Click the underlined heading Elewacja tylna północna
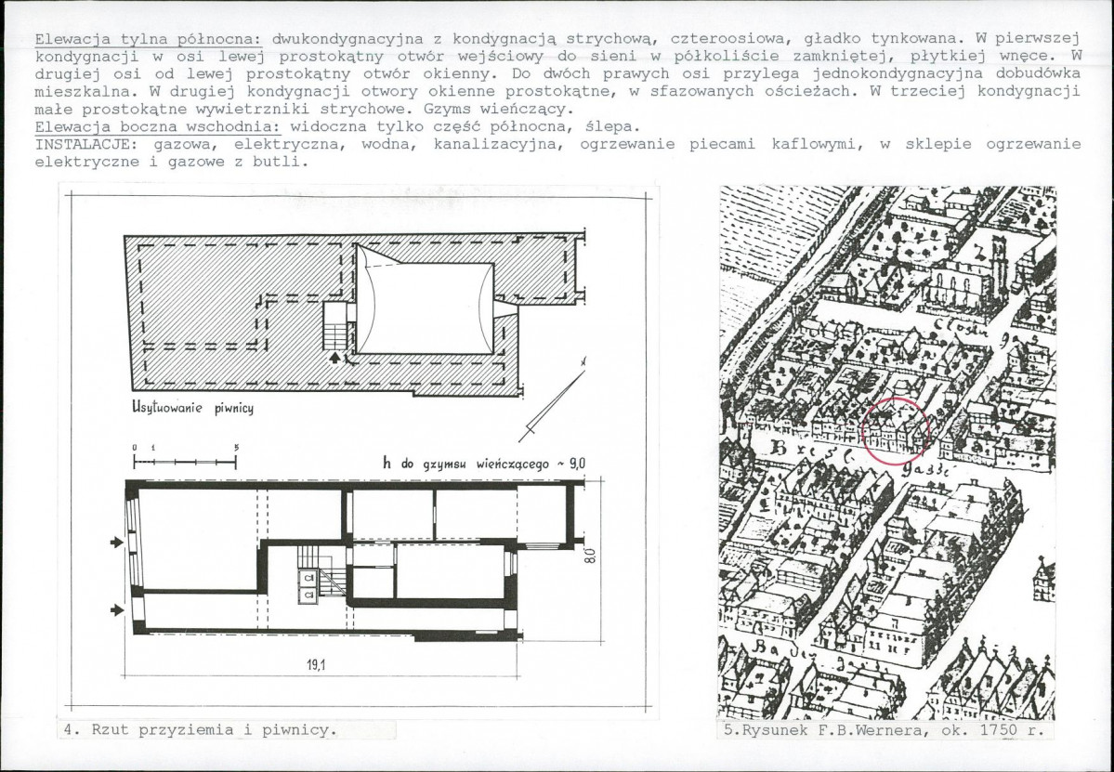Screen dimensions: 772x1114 [149, 40]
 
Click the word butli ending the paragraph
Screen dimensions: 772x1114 [284, 161]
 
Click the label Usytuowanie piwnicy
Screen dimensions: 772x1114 [192, 408]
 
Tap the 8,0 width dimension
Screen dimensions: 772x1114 [591, 557]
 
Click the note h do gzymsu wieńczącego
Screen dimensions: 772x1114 [484, 462]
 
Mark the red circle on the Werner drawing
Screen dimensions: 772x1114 [897, 430]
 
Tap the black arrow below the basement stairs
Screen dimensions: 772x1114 [335, 357]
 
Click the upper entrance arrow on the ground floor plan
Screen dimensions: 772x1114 [116, 542]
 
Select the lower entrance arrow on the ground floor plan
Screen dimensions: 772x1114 [116, 609]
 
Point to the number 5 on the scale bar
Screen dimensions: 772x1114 [236, 447]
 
